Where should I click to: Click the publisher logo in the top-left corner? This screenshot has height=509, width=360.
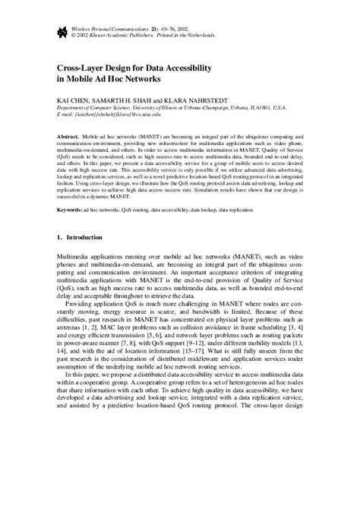click(x=62, y=31)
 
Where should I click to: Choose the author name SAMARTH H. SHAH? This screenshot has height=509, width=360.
click(x=129, y=100)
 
